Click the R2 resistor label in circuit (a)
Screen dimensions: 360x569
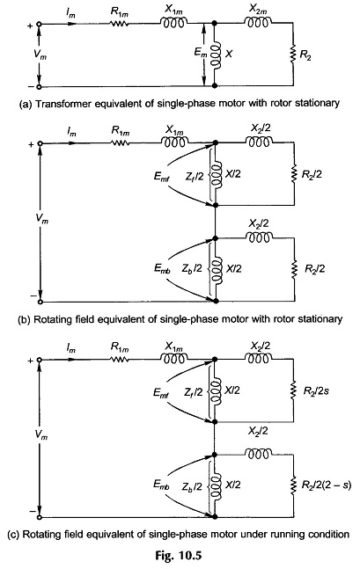[x=305, y=56]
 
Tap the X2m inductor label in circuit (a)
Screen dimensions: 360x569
[x=258, y=10]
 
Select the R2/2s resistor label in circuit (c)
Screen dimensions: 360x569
[x=316, y=391]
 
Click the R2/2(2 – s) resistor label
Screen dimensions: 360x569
[x=327, y=485]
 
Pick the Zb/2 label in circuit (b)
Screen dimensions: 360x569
[x=192, y=268]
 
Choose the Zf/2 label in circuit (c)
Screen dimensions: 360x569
[x=193, y=391]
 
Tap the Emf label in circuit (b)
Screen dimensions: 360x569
[x=161, y=177]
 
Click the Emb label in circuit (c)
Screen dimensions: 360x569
[x=161, y=485]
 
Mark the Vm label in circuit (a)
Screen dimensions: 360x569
[x=40, y=55]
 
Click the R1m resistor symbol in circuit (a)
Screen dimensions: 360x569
[x=119, y=24]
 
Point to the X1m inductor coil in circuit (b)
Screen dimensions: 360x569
[x=174, y=142]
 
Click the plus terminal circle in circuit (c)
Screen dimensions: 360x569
[x=40, y=360]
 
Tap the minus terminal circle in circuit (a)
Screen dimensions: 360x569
[x=40, y=87]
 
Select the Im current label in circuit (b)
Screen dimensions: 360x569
[x=71, y=133]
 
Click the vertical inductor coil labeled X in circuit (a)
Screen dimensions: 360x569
[x=216, y=55]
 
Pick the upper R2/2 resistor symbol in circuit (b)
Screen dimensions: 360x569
[x=293, y=174]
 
